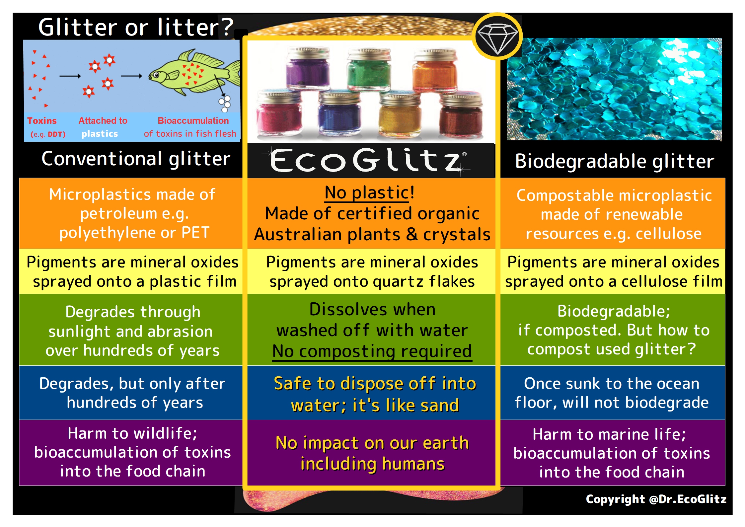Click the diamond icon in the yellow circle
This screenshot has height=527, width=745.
[x=497, y=39]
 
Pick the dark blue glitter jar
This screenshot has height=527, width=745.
[x=339, y=113]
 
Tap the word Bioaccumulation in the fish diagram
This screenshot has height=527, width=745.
[x=193, y=120]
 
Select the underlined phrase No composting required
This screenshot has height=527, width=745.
[x=372, y=351]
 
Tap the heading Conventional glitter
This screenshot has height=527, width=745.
[x=136, y=159]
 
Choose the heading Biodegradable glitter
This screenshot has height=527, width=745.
[x=614, y=162]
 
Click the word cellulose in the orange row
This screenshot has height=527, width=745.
[x=668, y=234]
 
